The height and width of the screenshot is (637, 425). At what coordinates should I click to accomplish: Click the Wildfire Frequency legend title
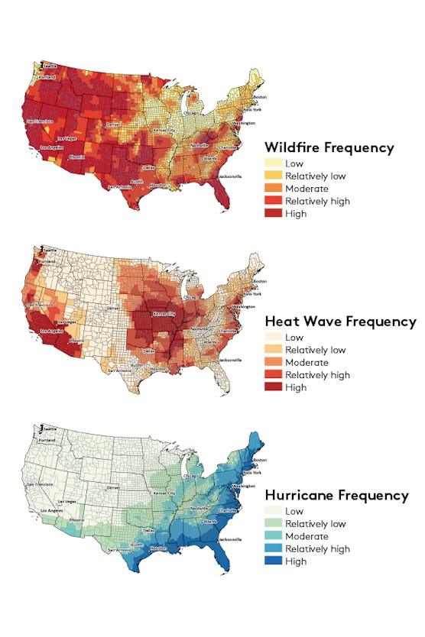click(329, 147)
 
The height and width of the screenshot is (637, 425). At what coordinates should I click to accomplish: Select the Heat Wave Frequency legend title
click(340, 321)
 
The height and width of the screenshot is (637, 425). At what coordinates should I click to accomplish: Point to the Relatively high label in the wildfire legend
click(317, 201)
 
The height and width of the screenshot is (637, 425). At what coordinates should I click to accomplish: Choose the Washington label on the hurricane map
click(244, 486)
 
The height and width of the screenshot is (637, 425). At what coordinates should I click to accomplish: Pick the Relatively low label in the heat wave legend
click(315, 350)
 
